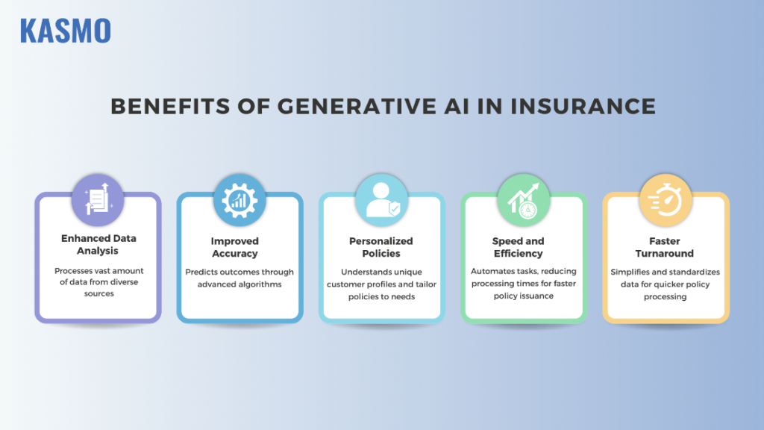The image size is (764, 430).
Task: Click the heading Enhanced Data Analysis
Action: pos(98,245)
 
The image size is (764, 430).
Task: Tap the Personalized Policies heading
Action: pos(381,247)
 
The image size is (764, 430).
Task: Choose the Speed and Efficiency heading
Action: pos(518,247)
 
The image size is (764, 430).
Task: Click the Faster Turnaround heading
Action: pos(665,247)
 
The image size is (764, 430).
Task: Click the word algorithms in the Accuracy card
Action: pos(259,284)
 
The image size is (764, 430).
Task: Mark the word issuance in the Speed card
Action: pos(539,296)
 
